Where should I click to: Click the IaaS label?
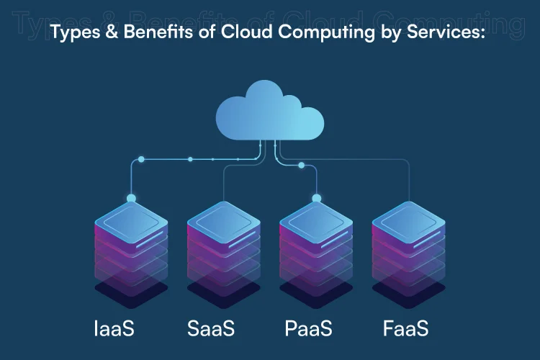click(114, 329)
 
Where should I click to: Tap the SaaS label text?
click(211, 329)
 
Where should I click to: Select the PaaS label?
click(308, 329)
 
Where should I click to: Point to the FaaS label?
click(405, 329)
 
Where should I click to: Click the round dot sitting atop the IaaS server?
click(131, 198)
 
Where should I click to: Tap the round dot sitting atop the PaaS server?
click(316, 198)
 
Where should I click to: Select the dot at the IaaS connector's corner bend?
click(141, 158)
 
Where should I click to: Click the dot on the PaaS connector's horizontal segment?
click(301, 166)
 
